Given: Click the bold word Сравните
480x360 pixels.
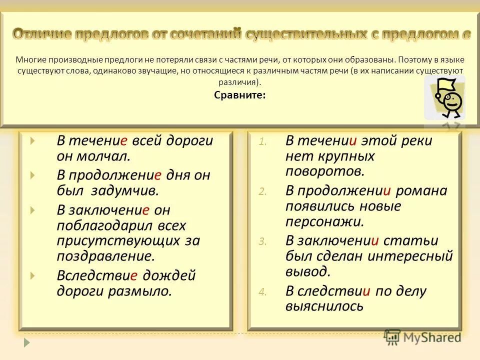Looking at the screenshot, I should (x=240, y=95).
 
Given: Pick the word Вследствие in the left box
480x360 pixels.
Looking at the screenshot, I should (x=97, y=275).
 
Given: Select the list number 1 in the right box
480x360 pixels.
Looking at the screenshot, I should (x=262, y=142).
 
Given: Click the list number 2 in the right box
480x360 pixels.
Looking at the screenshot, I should (x=262, y=191).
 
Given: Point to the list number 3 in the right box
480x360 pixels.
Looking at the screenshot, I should (x=262, y=241).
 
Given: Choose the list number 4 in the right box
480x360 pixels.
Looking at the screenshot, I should (x=262, y=292).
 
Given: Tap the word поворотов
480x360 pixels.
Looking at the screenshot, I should (x=324, y=171).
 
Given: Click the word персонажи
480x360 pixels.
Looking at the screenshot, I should (x=324, y=221).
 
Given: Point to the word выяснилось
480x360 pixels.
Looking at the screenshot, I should (x=324, y=306).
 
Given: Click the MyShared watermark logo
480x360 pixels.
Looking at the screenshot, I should (x=422, y=337).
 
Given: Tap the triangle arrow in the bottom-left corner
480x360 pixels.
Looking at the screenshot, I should (x=27, y=343).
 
